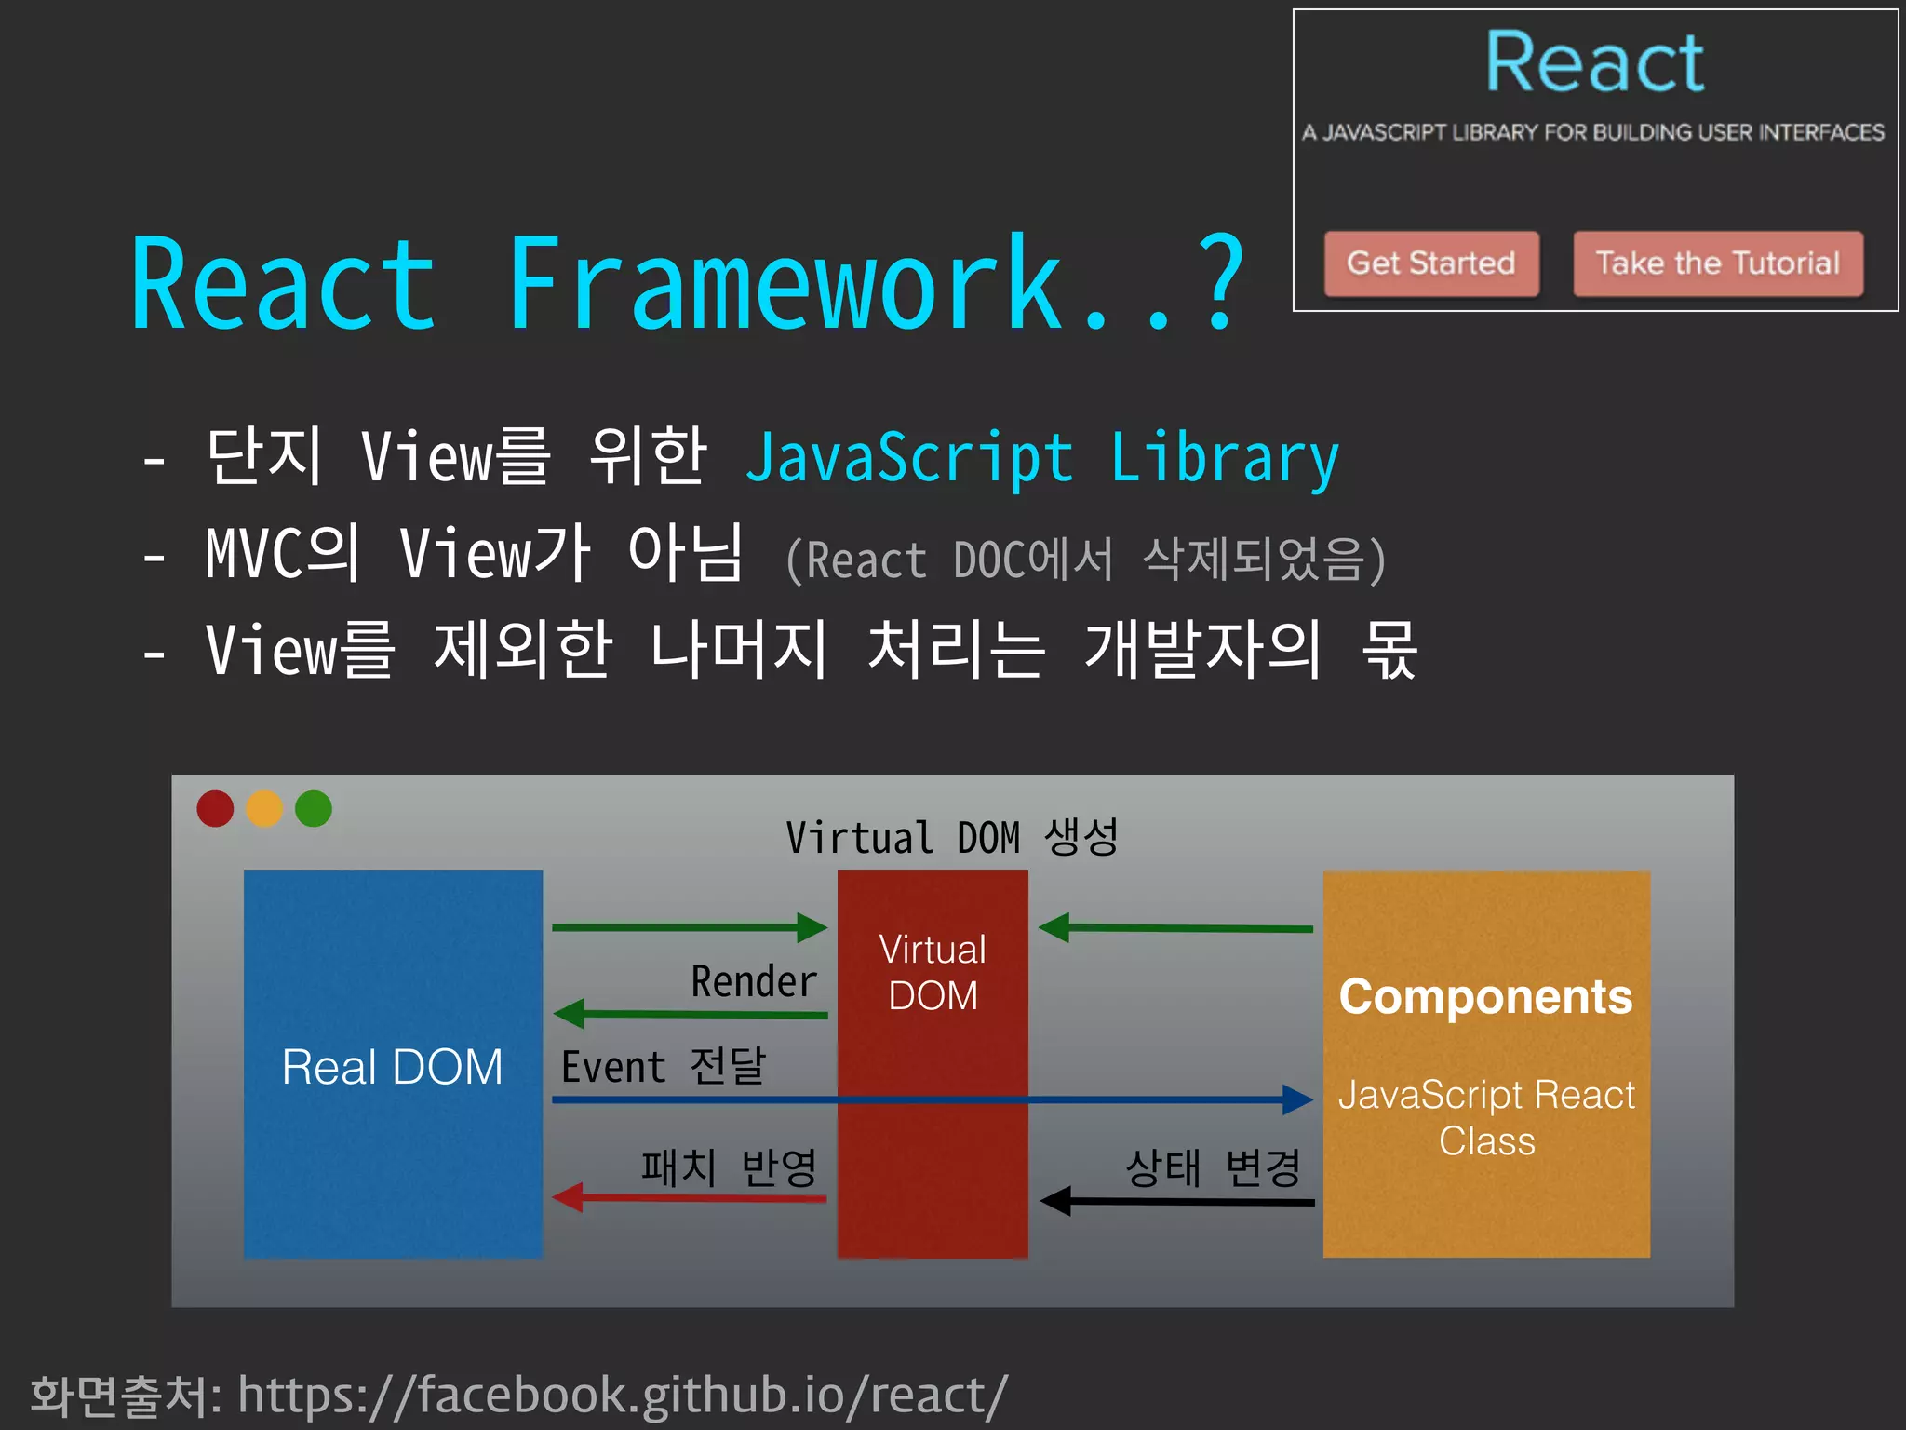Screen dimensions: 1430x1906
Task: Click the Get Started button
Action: pos(1431,263)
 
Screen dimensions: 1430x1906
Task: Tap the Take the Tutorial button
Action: pos(1718,263)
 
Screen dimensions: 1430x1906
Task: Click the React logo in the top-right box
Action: pos(1594,62)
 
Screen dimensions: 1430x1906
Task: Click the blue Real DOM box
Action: pos(393,1065)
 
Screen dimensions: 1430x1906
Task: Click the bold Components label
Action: pos(1485,997)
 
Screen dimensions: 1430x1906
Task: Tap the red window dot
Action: pos(215,808)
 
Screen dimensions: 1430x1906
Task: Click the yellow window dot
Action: pos(264,808)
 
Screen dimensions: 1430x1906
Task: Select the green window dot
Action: pos(314,808)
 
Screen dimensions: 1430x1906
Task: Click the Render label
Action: pos(754,981)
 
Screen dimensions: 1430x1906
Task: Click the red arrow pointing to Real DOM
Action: pos(689,1197)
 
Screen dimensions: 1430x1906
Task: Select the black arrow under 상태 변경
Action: pos(1177,1201)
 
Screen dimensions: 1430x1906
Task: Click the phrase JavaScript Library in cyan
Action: pos(1042,458)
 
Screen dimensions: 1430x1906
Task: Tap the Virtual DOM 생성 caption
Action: pos(951,837)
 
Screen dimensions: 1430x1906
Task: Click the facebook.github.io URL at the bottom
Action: pos(622,1396)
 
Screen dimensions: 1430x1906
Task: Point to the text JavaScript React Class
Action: pos(1486,1117)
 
